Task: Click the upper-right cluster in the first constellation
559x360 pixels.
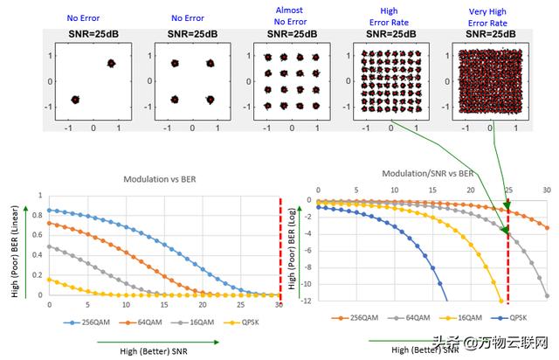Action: coord(112,63)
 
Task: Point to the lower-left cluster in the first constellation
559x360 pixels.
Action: coord(75,100)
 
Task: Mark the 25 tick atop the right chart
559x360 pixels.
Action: coord(508,190)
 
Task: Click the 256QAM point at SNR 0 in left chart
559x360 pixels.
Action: coord(50,211)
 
